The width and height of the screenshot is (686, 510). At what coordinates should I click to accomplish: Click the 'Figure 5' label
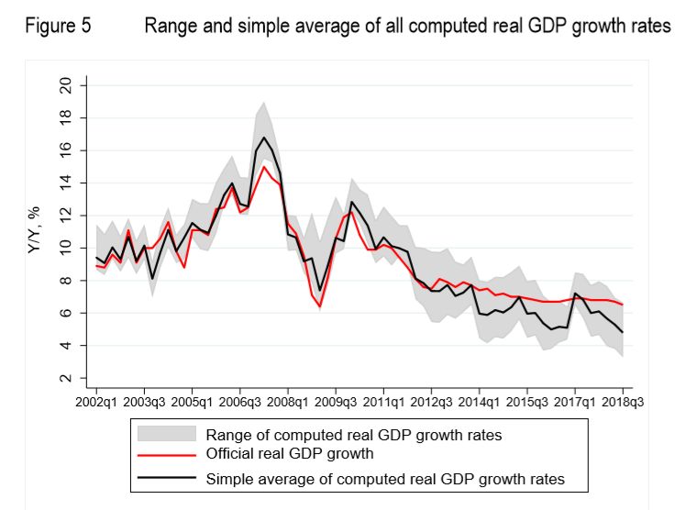pyautogui.click(x=58, y=27)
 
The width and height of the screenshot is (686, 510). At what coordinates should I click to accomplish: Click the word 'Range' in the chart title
pyautogui.click(x=171, y=27)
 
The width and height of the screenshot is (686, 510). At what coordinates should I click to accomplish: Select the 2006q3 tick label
pyautogui.click(x=238, y=402)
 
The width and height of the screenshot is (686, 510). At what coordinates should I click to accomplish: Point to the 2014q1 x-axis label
pyautogui.click(x=479, y=402)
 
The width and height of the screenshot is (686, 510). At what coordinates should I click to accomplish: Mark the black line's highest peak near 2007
pyautogui.click(x=264, y=138)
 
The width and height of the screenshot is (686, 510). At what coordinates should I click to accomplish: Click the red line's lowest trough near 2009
pyautogui.click(x=320, y=306)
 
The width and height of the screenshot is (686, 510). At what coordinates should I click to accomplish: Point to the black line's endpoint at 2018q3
pyautogui.click(x=624, y=332)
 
